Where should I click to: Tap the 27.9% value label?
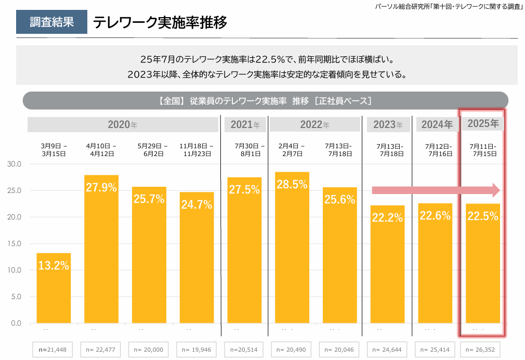click(101, 188)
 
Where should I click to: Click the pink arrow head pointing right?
click(495, 190)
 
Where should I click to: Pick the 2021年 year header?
click(245, 125)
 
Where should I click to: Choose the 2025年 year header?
click(483, 124)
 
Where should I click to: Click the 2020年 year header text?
click(123, 125)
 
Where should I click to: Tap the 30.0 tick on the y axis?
click(14, 164)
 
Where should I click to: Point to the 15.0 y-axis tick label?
click(14, 243)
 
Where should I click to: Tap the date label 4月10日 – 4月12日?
click(101, 150)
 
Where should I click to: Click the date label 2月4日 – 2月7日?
click(292, 150)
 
